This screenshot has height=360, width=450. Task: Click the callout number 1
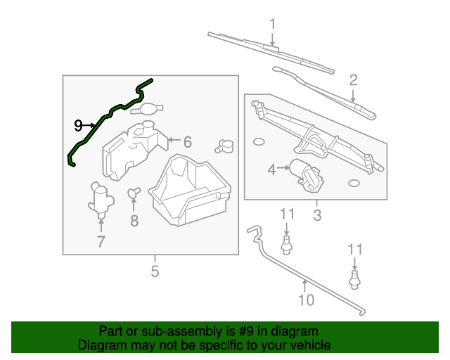pos(273,24)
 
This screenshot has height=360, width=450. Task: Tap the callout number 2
pos(353,79)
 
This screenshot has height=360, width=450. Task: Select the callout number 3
pos(316,216)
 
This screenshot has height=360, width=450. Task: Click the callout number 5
pos(155,271)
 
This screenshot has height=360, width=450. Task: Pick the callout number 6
pos(187,141)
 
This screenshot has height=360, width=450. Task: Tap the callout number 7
pos(101,242)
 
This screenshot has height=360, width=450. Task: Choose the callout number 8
pos(134,220)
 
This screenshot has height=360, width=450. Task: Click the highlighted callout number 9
pos(78,126)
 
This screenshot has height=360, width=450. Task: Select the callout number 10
pos(305,301)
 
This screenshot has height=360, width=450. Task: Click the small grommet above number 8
pos(133,191)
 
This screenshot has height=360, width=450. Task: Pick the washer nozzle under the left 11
pos(286,244)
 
